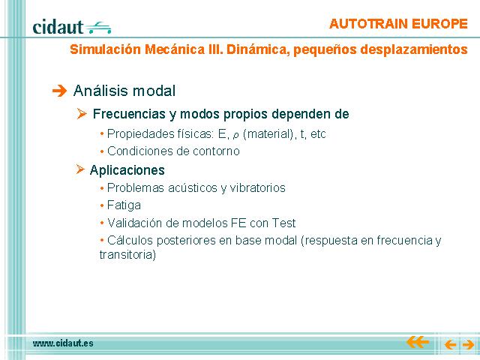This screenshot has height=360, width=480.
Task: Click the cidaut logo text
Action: [x=58, y=27]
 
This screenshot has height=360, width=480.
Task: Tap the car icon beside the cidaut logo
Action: [x=98, y=28]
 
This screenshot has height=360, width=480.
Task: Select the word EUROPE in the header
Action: [x=439, y=24]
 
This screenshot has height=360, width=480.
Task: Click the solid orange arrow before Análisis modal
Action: [x=59, y=91]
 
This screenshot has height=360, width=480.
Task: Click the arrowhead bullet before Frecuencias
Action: [x=82, y=113]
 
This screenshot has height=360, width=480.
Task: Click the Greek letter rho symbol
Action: [x=235, y=135]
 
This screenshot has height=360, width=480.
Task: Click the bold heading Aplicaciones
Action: [x=127, y=170]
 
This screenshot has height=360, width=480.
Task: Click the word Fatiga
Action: [x=124, y=205]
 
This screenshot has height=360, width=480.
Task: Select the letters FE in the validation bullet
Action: [x=238, y=223]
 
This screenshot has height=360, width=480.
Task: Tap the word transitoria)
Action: [x=127, y=255]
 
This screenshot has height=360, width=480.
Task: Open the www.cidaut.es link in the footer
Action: [x=63, y=343]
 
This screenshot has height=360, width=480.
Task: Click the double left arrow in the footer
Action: [x=417, y=342]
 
